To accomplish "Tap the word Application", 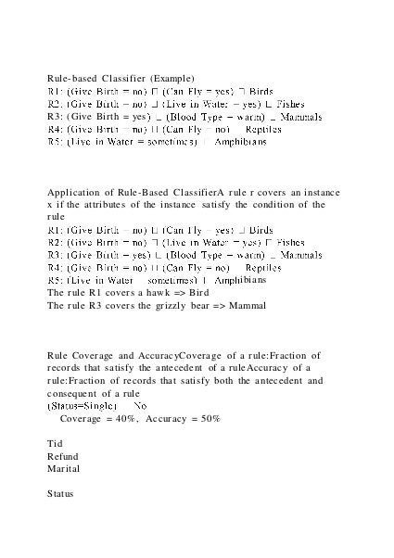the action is (x=70, y=201).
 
